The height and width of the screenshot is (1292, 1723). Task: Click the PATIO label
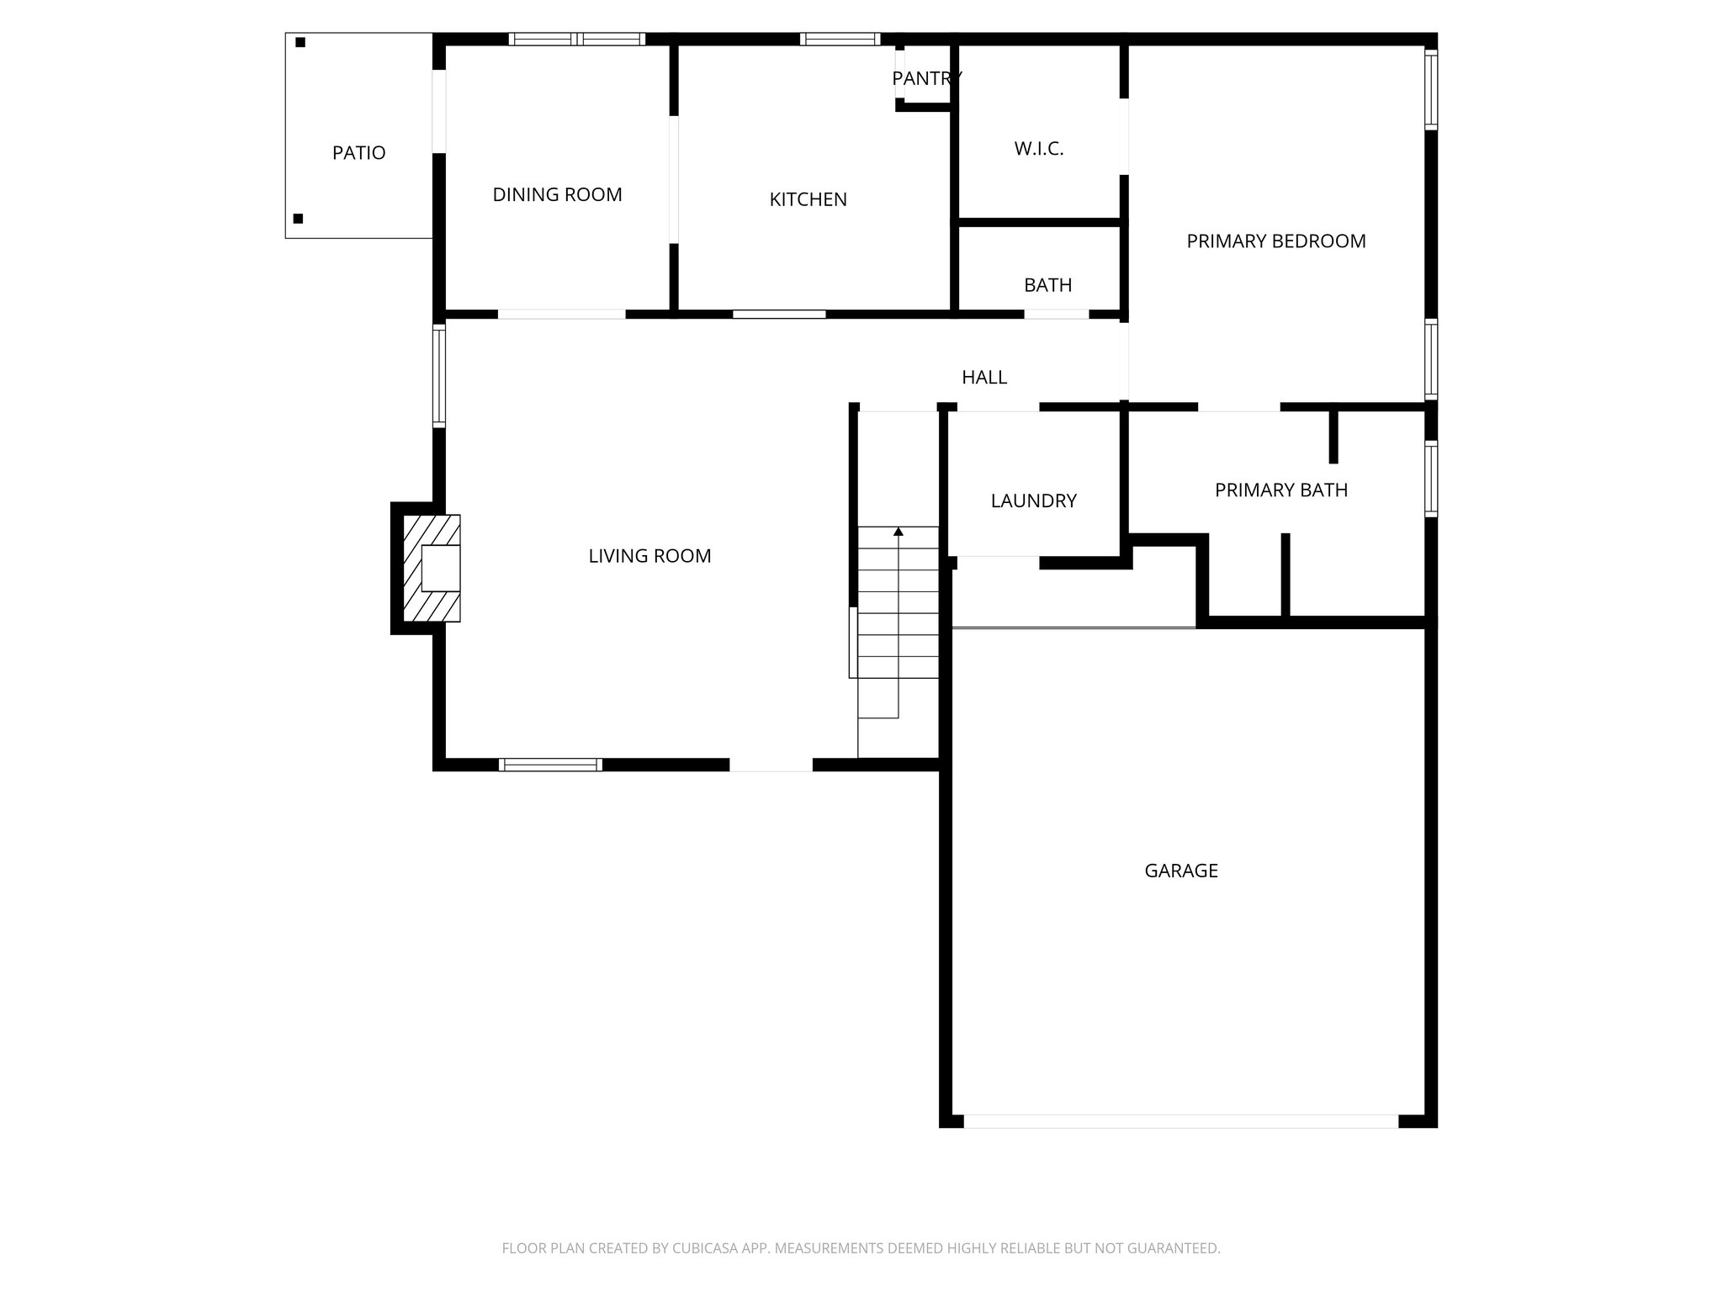click(x=358, y=153)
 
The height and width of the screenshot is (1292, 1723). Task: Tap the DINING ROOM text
click(x=557, y=194)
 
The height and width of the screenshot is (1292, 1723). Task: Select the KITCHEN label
click(x=808, y=199)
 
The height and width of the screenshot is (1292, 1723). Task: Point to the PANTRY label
click(x=926, y=78)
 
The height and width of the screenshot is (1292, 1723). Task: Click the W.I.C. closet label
click(x=1039, y=149)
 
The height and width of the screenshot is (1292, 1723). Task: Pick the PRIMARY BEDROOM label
click(x=1275, y=241)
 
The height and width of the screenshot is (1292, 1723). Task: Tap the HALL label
click(x=984, y=378)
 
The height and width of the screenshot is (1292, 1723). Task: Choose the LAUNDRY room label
click(x=1033, y=501)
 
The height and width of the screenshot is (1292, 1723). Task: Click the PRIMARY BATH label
click(x=1280, y=490)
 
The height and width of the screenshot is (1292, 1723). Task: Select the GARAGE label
click(x=1180, y=871)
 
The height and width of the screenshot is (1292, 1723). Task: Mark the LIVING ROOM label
click(x=649, y=556)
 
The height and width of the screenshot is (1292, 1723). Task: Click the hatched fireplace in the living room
click(x=432, y=569)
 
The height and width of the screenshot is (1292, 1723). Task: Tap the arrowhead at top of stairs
click(x=899, y=532)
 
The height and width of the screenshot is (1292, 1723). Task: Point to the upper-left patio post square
click(x=300, y=42)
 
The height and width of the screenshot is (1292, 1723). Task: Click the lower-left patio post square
click(x=298, y=219)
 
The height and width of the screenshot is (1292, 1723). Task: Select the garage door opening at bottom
click(x=1180, y=1121)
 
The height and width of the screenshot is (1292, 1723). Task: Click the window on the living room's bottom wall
click(x=550, y=765)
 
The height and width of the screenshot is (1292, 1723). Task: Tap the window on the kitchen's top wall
click(x=840, y=39)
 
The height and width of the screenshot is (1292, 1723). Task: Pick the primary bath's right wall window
click(x=1430, y=478)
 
